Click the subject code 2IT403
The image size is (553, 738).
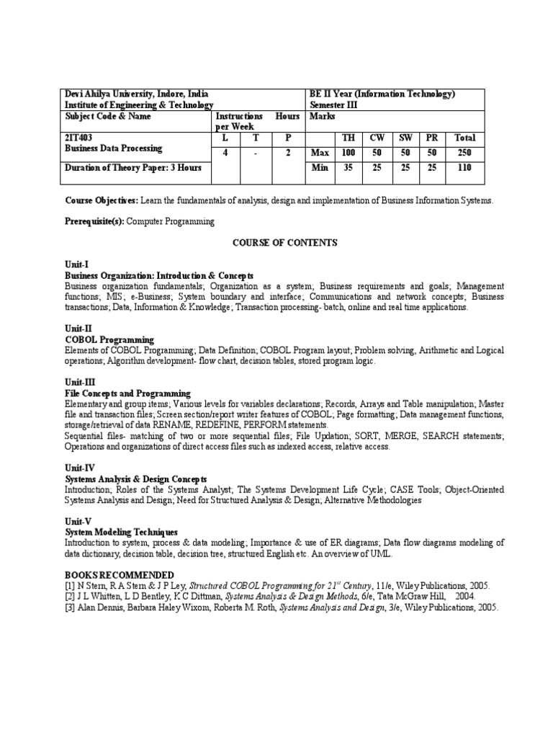(79, 137)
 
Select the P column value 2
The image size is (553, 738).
(287, 152)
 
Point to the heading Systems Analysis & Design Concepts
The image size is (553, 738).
(136, 479)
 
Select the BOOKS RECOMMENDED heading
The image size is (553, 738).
(119, 574)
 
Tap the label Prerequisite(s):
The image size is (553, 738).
(96, 222)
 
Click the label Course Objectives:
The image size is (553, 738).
(102, 200)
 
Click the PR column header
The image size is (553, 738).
(431, 137)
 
